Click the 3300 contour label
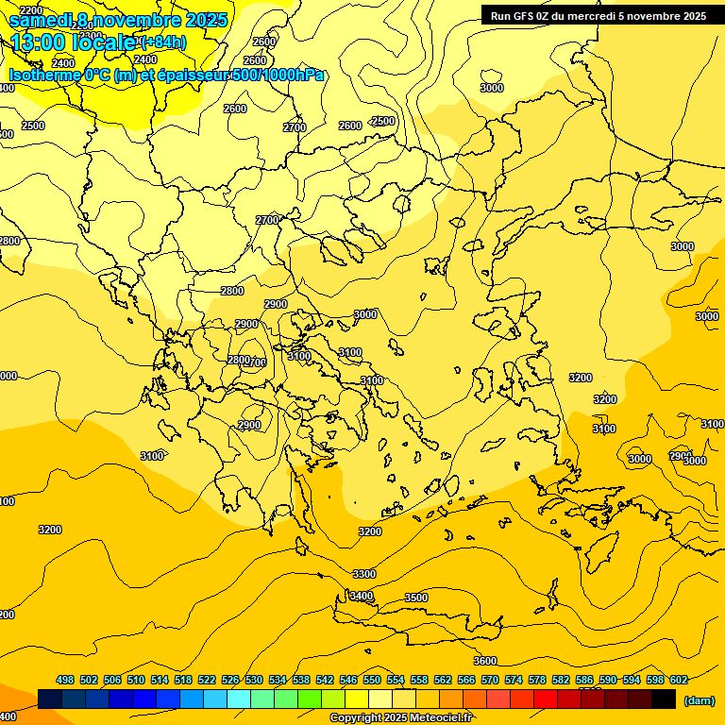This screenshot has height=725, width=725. (x=364, y=574)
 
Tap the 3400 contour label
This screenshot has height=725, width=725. (x=362, y=596)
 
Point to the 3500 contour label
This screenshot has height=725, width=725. (x=416, y=598)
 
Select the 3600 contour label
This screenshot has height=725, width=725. (x=485, y=661)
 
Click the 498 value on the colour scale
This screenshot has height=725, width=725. (x=65, y=680)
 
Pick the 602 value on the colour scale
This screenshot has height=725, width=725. (x=679, y=680)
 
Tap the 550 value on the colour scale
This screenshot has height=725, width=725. (x=372, y=680)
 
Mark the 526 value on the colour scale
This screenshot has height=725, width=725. (x=230, y=680)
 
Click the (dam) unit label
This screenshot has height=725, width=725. (x=699, y=700)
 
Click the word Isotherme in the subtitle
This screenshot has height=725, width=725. (x=43, y=76)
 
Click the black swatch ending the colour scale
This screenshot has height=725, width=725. (x=664, y=699)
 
